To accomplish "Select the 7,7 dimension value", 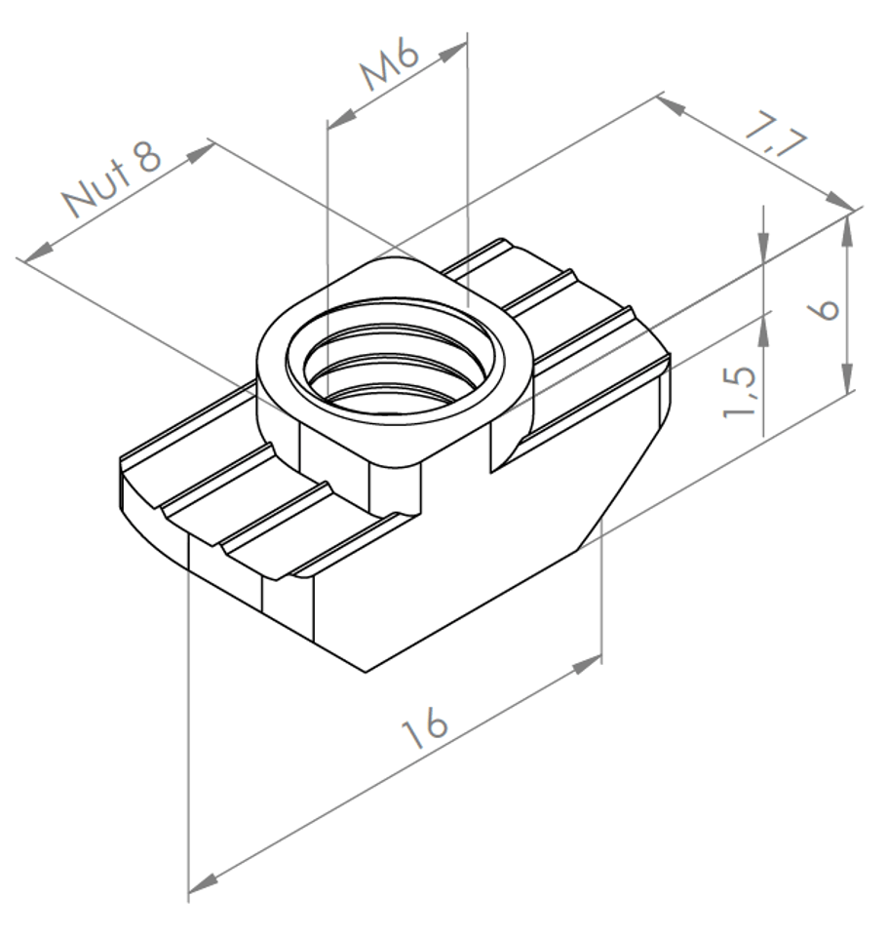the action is point(775,136).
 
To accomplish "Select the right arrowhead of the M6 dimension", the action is point(451,52).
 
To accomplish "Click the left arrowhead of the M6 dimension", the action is point(342,118).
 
